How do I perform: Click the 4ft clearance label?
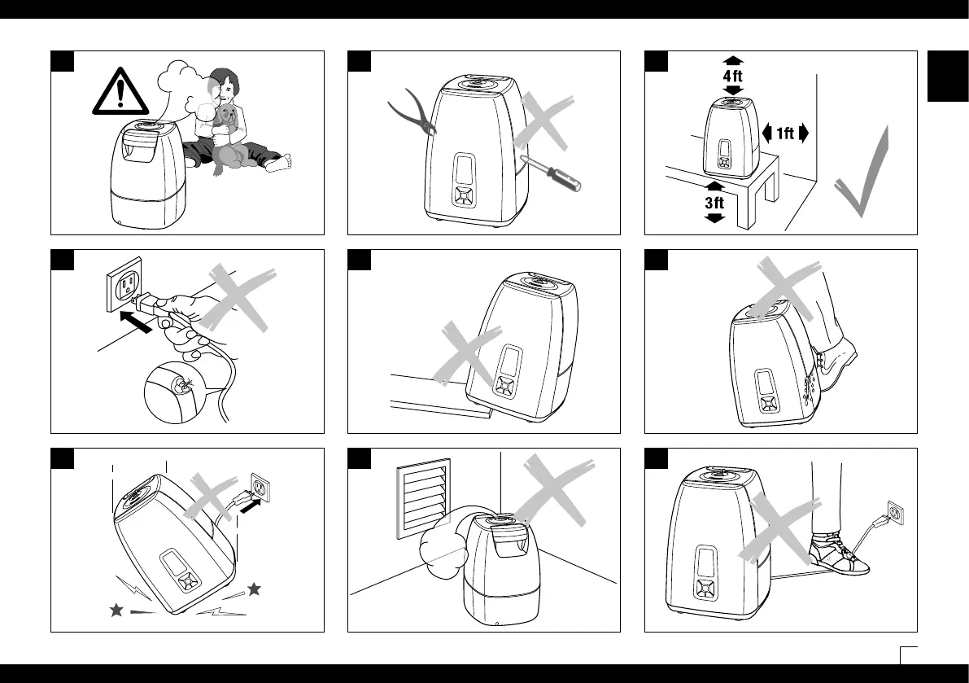pos(733,75)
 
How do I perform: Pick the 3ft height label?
pos(714,202)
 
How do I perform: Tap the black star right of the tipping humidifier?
pos(255,589)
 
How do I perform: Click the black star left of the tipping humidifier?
pos(116,611)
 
